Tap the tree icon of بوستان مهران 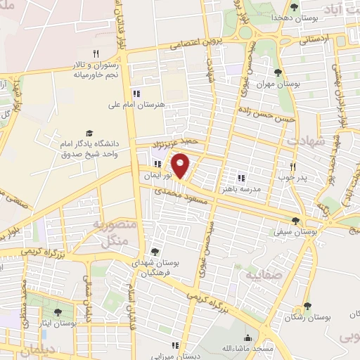[278, 72]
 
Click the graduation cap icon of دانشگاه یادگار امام [89, 134]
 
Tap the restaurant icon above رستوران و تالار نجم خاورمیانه [97, 53]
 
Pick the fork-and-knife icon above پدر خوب [293, 167]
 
